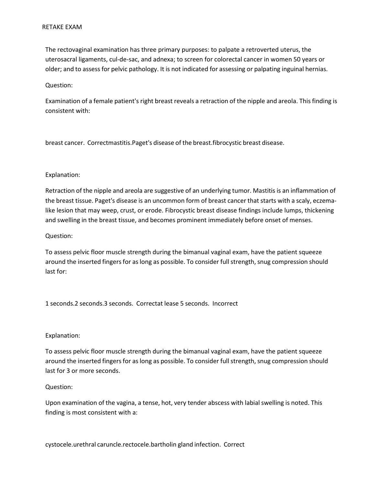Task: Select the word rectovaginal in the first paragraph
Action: [75, 50]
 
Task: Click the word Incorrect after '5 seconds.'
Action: [225, 304]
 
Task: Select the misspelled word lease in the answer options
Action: [171, 304]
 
